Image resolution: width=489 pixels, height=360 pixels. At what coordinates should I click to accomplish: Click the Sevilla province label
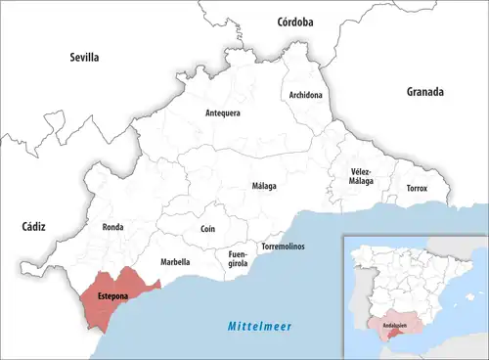pyautogui.click(x=84, y=58)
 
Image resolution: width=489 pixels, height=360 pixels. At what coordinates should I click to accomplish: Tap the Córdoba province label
pyautogui.click(x=294, y=21)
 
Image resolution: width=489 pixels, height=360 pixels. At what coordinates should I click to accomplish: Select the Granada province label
pyautogui.click(x=425, y=92)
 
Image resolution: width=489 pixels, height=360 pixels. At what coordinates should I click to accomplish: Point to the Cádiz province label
pyautogui.click(x=34, y=226)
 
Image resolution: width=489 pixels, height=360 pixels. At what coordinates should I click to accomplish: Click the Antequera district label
pyautogui.click(x=223, y=113)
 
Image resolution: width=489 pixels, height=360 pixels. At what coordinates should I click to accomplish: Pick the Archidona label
pyautogui.click(x=305, y=95)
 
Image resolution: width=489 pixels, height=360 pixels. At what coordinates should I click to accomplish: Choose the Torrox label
pyautogui.click(x=417, y=187)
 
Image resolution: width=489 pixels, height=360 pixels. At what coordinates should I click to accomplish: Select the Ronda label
pyautogui.click(x=112, y=227)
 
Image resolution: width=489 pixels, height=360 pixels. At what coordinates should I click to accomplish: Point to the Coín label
pyautogui.click(x=207, y=228)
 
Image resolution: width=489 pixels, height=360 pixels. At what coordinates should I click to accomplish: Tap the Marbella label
pyautogui.click(x=175, y=262)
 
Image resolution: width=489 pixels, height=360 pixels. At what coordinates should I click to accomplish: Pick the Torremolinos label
pyautogui.click(x=283, y=246)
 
